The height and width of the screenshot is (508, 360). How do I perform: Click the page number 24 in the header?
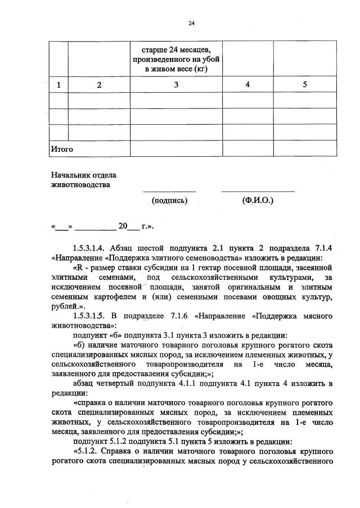point(191,24)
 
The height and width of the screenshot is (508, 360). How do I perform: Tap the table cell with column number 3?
point(176,85)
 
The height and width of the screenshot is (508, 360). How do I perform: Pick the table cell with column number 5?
point(305,85)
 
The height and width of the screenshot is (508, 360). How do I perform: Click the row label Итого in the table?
point(62,149)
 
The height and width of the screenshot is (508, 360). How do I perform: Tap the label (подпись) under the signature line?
point(169,200)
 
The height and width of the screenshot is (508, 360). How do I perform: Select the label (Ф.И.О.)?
point(257,200)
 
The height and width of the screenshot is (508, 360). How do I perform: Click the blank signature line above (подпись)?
point(169,192)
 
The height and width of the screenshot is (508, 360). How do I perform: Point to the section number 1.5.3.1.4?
point(90,248)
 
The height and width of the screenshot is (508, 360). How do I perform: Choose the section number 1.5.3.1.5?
point(90,315)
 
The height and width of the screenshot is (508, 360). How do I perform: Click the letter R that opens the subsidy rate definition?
point(80,267)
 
